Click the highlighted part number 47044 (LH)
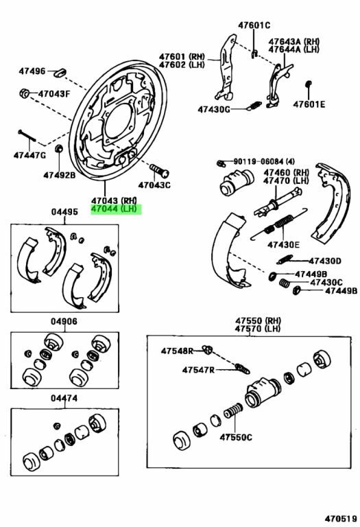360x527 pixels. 114,209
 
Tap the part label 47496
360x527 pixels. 32,71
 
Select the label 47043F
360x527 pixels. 53,94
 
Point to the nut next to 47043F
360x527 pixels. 24,93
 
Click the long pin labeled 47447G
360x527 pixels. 27,136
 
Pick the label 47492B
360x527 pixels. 60,175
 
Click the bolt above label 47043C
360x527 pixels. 159,170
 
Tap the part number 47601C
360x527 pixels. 254,25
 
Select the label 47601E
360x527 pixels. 309,104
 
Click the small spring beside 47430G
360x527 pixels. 254,106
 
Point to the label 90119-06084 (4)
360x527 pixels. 264,162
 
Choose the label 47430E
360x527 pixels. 283,245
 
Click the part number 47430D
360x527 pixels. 325,261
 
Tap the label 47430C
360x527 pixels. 326,283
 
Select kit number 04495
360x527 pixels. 64,212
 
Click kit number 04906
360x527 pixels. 64,322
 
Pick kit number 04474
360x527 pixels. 64,398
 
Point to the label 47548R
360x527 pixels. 177,351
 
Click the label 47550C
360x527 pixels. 236,437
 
